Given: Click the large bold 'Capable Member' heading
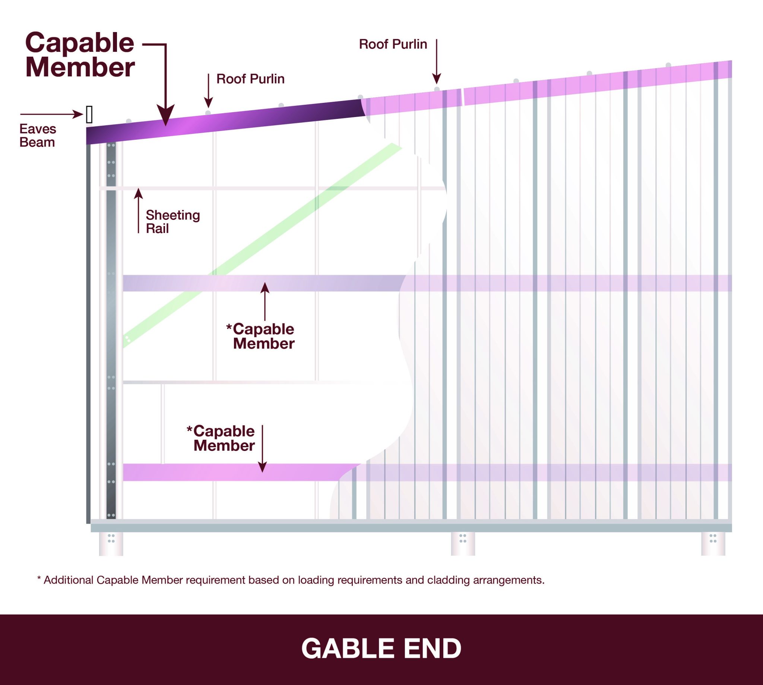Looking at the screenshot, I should click(x=80, y=55).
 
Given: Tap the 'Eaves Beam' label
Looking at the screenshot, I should click(x=38, y=136).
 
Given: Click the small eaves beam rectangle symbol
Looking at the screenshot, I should click(x=89, y=114).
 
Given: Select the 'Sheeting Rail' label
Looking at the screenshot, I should click(x=173, y=222).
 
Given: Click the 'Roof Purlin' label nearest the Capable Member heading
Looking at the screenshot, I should click(x=250, y=79).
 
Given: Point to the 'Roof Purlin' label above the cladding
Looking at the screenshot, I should click(x=393, y=44).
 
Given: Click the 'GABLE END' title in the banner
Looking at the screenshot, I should click(x=381, y=648).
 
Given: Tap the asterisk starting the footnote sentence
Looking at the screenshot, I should click(x=39, y=579).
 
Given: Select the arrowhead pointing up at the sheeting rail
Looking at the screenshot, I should click(x=139, y=193).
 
